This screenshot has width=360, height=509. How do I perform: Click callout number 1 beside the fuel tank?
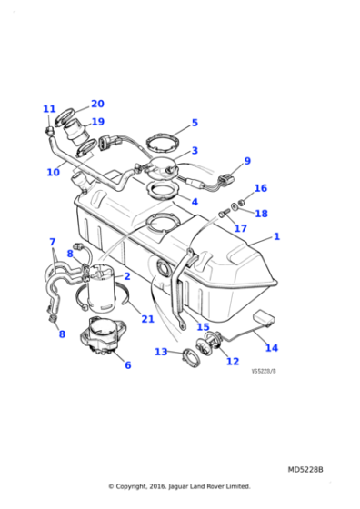(x=276, y=236)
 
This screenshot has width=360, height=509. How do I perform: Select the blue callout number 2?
(x=127, y=275)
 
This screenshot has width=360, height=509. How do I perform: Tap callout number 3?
(x=195, y=151)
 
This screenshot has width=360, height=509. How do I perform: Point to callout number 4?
(x=194, y=202)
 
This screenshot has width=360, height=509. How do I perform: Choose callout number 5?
(x=194, y=123)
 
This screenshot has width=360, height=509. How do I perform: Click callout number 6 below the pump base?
(x=126, y=364)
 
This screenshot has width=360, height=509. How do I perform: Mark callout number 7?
(x=52, y=242)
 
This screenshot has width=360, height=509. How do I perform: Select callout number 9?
(x=246, y=162)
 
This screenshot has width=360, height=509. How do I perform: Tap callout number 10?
(x=53, y=172)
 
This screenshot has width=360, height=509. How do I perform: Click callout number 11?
(x=49, y=109)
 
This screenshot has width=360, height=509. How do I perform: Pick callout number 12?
(x=232, y=361)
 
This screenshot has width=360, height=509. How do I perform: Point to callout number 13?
(x=160, y=352)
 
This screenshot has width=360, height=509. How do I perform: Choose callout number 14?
(x=271, y=347)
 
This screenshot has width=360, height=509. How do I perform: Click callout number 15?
(x=202, y=327)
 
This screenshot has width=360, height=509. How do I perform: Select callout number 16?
(x=260, y=188)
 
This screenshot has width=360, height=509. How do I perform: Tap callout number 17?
(x=240, y=228)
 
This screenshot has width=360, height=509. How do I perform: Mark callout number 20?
(x=97, y=104)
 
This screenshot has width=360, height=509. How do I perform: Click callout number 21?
(x=146, y=318)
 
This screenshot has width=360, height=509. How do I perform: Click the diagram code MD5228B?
(x=305, y=469)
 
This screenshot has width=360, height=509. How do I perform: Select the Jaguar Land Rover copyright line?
(x=179, y=485)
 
